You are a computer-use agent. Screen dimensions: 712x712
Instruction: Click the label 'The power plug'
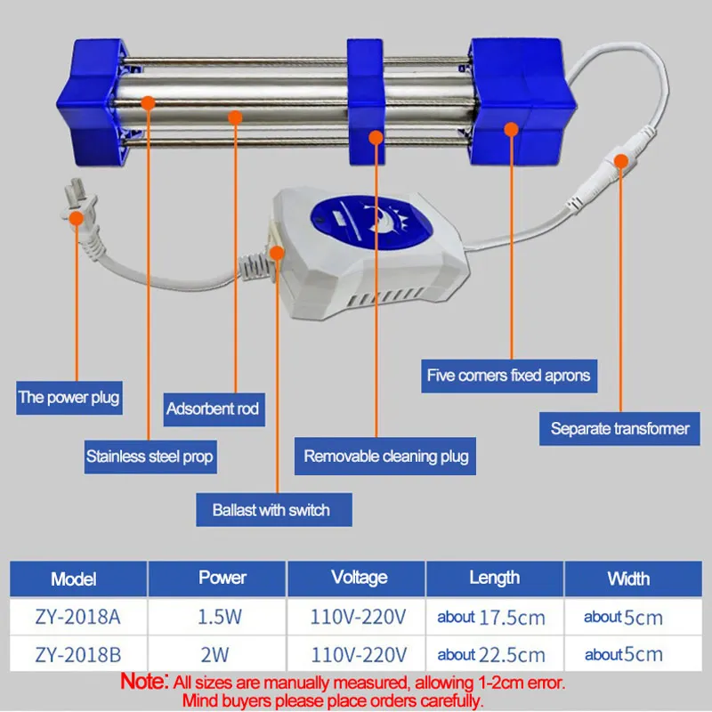69,398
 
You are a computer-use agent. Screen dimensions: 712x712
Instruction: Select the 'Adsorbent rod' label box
214,409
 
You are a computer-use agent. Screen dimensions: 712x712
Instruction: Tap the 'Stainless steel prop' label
150,457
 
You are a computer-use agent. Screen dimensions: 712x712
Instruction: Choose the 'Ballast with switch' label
274,510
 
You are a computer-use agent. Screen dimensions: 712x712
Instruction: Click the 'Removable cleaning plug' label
385,457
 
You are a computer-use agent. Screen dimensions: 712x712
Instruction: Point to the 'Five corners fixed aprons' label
509,376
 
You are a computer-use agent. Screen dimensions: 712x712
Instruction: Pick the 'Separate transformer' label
619,429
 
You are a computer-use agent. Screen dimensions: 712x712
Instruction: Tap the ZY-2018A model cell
78,617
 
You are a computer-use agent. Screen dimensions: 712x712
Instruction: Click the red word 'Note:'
144,682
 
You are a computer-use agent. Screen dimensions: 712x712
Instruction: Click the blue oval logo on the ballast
371,222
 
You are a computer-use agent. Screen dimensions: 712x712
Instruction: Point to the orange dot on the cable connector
620,161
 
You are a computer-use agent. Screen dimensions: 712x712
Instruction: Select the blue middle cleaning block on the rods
366,101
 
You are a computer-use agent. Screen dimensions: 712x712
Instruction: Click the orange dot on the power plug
77,218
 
